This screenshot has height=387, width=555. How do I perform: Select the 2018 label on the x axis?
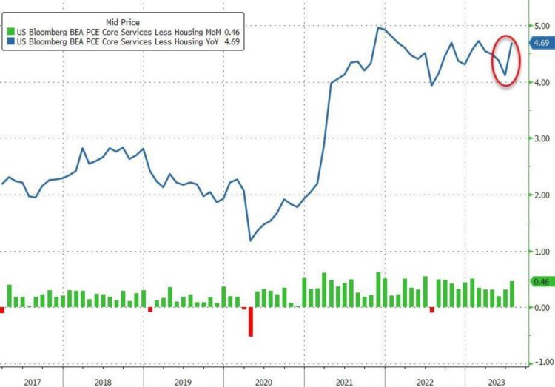click(x=104, y=381)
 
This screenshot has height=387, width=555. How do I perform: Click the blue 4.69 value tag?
click(x=541, y=44)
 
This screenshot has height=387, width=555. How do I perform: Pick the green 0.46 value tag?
click(x=541, y=282)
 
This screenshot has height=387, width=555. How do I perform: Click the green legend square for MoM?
click(x=10, y=31)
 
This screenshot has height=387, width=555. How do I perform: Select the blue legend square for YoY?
click(x=10, y=41)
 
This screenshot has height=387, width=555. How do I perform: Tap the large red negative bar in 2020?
click(x=251, y=322)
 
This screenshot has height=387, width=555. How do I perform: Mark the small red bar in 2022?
click(x=432, y=309)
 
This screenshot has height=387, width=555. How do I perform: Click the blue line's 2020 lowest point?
click(x=251, y=240)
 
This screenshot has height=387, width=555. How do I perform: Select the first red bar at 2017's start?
click(x=2, y=310)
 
